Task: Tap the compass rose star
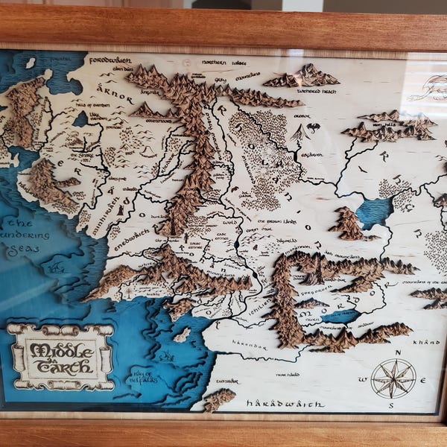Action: [393, 378]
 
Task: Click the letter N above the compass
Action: [399, 352]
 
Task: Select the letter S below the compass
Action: [390, 406]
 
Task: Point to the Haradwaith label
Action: [285, 404]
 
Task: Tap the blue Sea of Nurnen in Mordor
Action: [340, 316]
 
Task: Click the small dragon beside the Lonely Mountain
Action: [313, 127]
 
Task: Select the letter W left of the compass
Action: [363, 379]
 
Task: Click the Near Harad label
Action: [288, 375]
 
